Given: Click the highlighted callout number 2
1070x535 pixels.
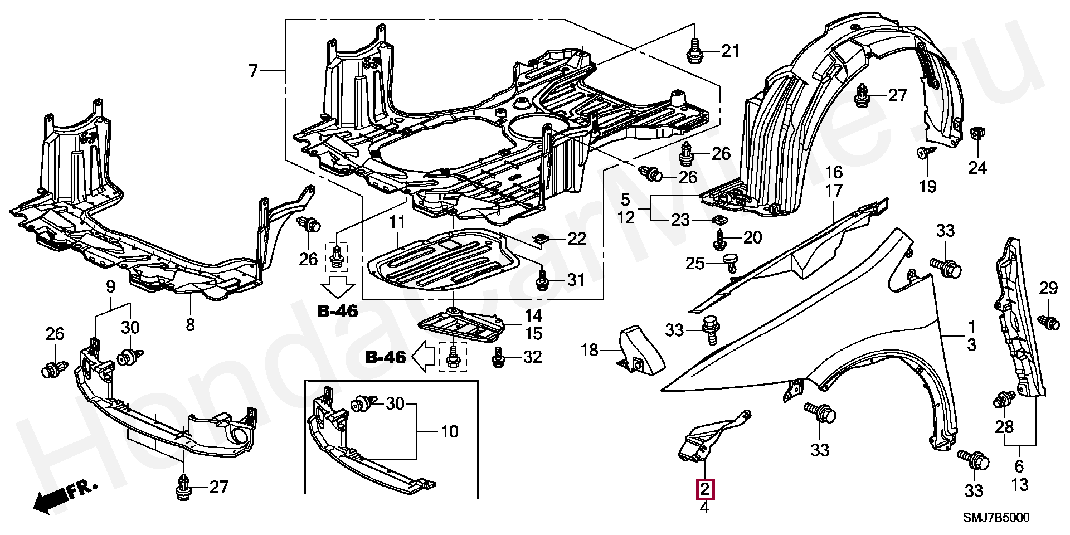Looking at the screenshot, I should (x=704, y=490).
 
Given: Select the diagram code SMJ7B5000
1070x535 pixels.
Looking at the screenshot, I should (x=996, y=518).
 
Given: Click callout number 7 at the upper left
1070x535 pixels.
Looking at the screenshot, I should (x=254, y=71).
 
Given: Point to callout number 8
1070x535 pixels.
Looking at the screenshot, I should (x=190, y=324).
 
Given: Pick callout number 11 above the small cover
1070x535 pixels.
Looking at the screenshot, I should (x=397, y=222).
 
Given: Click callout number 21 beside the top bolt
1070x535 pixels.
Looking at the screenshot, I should (x=730, y=51).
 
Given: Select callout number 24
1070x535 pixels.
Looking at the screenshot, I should (x=977, y=168).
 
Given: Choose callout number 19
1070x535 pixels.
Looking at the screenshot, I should (x=928, y=186).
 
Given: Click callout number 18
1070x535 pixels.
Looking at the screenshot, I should (x=590, y=350).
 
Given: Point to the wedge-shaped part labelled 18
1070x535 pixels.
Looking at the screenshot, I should (x=642, y=348).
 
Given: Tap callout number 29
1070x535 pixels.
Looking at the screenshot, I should (x=1048, y=288).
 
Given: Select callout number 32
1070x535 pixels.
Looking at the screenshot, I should (x=532, y=357).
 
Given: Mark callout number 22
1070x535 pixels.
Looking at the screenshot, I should (x=577, y=239).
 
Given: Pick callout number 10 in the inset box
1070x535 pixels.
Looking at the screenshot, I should (x=450, y=431).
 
